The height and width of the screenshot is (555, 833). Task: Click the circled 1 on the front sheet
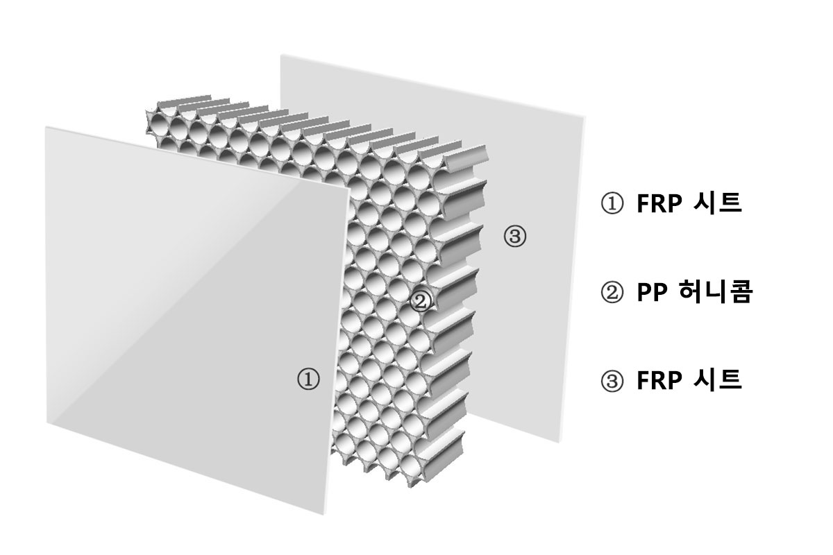308,379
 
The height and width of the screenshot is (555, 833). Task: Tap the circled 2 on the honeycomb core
421,302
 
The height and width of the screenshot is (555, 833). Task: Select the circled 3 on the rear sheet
515,236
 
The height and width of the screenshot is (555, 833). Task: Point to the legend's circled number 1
612,203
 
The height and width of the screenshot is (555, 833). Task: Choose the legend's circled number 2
612,293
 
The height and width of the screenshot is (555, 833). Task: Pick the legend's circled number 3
612,381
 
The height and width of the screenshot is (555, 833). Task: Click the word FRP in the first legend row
659,203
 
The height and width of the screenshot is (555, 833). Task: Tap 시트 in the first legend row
718,203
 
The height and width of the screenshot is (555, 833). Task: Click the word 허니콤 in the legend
715,292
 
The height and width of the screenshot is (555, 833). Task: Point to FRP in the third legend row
659,381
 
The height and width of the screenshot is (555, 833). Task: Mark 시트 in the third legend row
718,380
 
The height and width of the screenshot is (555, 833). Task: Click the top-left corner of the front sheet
46,127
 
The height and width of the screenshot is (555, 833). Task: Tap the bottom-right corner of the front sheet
323,515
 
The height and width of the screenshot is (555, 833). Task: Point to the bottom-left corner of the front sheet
47,422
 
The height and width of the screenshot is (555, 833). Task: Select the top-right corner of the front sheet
350,189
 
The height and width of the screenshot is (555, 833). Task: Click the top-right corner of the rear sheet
585,117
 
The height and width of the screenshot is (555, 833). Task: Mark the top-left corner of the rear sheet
281,55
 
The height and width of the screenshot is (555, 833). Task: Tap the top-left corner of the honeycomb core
146,110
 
